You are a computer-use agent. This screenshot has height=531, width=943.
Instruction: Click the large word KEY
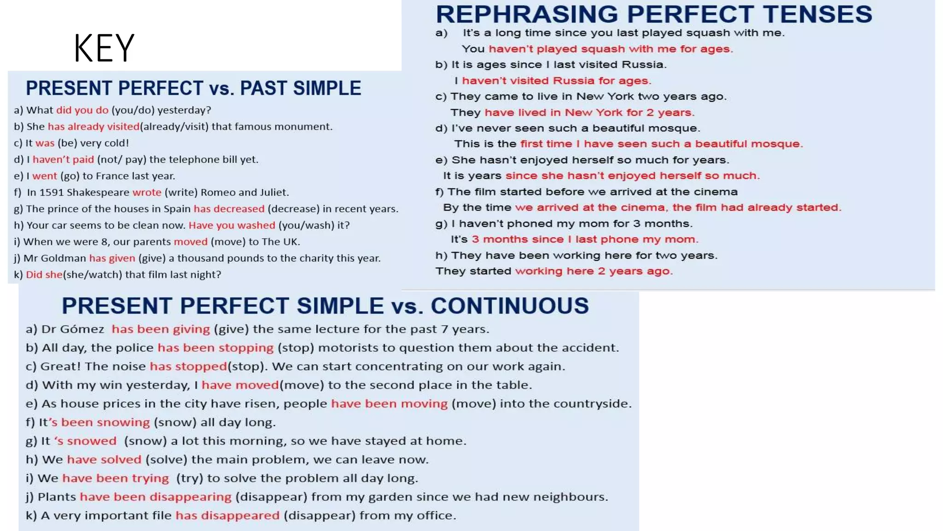(104, 48)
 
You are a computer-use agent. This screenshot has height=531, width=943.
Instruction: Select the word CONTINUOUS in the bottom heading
(510, 306)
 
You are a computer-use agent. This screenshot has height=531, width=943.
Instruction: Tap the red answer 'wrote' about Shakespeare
(147, 192)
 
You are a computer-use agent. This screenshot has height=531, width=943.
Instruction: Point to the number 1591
(51, 192)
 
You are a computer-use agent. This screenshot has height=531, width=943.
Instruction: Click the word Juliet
(273, 192)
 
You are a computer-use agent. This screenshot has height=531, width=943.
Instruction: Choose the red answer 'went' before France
(45, 176)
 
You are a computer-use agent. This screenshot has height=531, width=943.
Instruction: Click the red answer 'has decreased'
(229, 209)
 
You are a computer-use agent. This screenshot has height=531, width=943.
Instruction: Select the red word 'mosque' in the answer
(778, 144)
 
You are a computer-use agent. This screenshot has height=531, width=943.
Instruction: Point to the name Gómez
(81, 329)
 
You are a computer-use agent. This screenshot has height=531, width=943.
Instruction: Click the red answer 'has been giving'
(161, 329)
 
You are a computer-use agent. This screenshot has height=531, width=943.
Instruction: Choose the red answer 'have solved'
(104, 460)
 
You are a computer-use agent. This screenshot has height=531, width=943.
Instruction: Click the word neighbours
(578, 497)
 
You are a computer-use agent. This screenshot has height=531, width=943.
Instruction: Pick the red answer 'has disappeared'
(227, 515)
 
